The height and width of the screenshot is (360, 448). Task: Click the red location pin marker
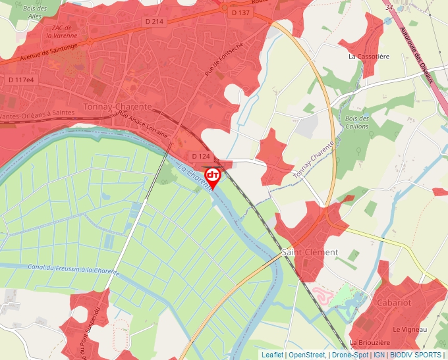tap(213, 176)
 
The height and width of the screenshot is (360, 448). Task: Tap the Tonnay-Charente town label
tap(118, 107)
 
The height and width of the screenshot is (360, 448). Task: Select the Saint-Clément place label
tap(310, 252)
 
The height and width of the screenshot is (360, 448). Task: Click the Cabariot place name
tap(394, 303)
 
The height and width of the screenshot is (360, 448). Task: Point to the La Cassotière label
tap(369, 57)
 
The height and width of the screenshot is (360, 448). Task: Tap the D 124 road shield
tap(201, 156)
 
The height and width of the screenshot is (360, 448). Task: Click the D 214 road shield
tap(154, 22)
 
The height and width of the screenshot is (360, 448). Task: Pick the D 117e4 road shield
tap(20, 80)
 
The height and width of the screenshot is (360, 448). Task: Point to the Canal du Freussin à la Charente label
tap(73, 270)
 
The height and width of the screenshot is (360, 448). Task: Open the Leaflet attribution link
tap(272, 355)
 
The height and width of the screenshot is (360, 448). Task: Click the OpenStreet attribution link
tap(306, 355)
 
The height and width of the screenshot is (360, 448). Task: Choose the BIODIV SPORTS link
tap(415, 355)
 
